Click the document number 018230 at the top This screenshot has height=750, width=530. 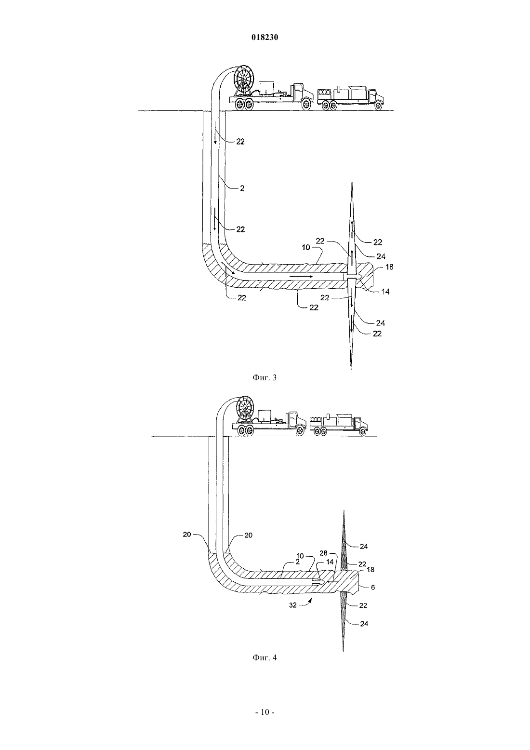pos(265,38)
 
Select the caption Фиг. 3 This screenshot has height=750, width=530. pos(265,378)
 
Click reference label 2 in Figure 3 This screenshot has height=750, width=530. pos(242,188)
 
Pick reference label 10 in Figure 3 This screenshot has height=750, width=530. pos(306,248)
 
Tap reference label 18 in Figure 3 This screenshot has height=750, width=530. pos(389,267)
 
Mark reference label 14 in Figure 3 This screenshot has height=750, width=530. pos(385,292)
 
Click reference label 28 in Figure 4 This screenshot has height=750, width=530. pos(323,553)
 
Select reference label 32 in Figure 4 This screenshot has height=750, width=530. pos(293,605)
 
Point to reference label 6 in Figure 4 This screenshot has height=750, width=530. pos(373,587)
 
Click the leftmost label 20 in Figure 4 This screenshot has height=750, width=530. pos(187,535)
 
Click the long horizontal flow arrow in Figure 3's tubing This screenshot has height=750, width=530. pos(301,276)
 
